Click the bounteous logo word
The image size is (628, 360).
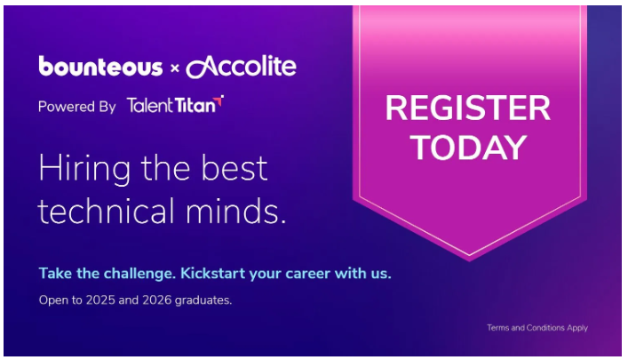(x=100, y=67)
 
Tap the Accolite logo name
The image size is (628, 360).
(x=242, y=66)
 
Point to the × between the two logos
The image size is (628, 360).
(x=175, y=68)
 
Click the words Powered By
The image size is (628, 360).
(x=77, y=107)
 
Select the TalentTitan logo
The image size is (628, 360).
(x=175, y=105)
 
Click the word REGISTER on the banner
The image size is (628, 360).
(x=467, y=109)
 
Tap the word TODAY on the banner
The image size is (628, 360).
(x=468, y=148)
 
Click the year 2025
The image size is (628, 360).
(x=99, y=300)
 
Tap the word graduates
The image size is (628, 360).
(x=203, y=300)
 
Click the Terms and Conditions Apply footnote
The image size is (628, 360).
(x=537, y=328)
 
